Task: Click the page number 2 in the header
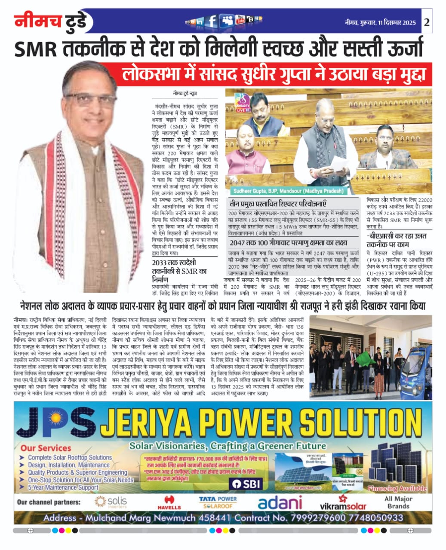[x=427, y=23]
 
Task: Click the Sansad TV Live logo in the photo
[x=242, y=105]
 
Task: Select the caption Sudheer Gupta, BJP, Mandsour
[x=289, y=191]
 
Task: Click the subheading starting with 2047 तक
[x=288, y=243]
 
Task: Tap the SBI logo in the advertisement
[x=247, y=483]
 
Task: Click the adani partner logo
[x=280, y=503]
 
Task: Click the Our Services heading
[x=46, y=448]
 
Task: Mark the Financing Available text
[x=397, y=488]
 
